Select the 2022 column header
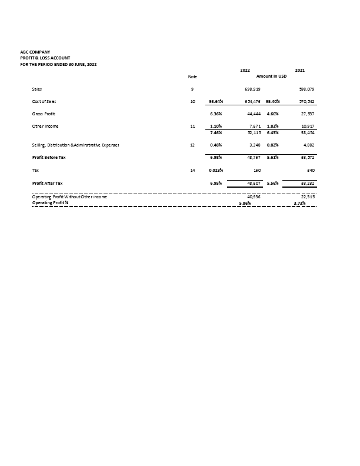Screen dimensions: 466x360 [x=245, y=70]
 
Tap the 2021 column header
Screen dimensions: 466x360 [x=299, y=70]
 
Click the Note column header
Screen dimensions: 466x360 [x=192, y=76]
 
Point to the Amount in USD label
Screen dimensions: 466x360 [x=271, y=76]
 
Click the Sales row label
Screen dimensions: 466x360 [x=37, y=88]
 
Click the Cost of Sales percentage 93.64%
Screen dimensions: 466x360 [x=215, y=101]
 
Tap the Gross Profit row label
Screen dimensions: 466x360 [x=44, y=113]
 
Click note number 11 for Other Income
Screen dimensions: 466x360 [x=192, y=126]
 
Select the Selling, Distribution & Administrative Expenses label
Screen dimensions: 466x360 [x=78, y=144]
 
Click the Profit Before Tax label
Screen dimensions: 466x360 [x=49, y=158]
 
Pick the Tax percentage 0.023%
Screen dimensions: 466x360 [x=216, y=170]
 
